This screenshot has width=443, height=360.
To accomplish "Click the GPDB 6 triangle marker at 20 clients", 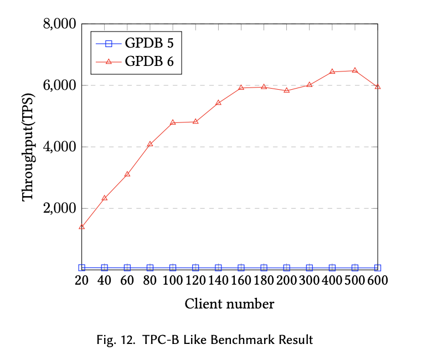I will pos(82,227).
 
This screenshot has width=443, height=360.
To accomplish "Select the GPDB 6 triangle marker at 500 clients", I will pos(355,71).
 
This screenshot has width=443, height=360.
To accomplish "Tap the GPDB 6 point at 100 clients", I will pos(173,122).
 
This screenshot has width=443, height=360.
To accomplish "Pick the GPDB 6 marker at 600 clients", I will pos(378,87).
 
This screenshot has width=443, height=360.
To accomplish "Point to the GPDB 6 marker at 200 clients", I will pos(287,90).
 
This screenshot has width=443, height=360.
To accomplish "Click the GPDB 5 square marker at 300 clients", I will pos(310,268).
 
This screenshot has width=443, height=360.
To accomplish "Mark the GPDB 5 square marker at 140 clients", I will pos(218,268).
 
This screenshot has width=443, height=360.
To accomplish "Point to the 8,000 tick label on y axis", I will pos(60,24).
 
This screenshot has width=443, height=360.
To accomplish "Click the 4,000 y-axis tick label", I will pos(60,147).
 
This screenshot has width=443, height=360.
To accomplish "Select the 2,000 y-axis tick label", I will pos(60,208).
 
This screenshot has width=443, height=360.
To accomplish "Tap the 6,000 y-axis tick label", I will pos(60,86).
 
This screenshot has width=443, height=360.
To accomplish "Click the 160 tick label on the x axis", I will pos(241,281).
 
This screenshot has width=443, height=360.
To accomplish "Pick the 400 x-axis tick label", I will pos(332,281).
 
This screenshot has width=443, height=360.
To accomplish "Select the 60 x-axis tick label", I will pos(127,281).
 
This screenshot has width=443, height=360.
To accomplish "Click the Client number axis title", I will pos(229,304).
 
